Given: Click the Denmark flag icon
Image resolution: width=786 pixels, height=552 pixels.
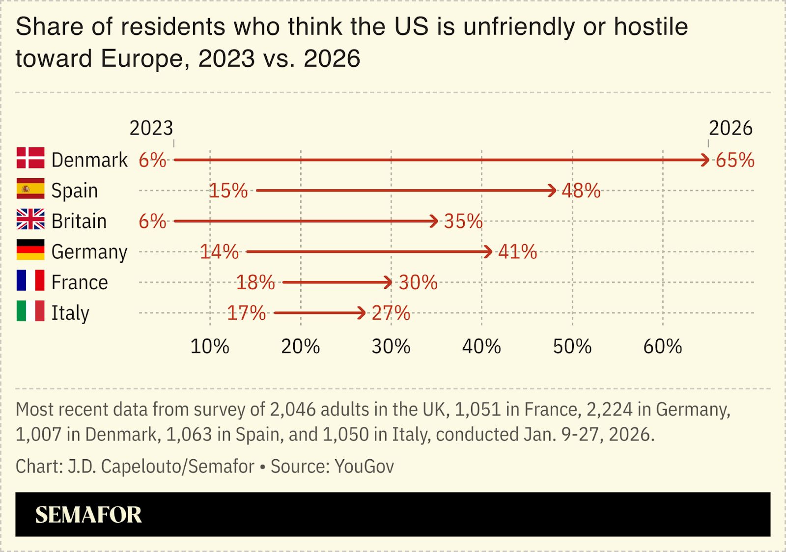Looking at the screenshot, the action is point(30,158).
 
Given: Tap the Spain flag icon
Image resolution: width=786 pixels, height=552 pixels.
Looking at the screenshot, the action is point(30,189).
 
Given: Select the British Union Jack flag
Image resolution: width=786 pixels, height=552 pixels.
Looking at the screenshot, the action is point(30,219).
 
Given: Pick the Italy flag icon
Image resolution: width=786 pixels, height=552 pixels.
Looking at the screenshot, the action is point(30,311).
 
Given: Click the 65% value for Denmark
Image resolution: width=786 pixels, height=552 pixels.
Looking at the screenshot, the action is point(735,160).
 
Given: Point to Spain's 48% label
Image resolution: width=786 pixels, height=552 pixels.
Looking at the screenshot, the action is point(581,191).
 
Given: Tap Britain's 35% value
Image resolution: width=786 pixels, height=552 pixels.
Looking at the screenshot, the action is point(463,221).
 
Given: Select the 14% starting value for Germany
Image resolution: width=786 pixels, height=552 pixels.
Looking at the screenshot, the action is point(219,252).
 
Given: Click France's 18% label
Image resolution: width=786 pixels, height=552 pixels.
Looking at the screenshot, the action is point(255,282).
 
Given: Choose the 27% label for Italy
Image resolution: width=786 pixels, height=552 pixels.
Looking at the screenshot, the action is point(391,313).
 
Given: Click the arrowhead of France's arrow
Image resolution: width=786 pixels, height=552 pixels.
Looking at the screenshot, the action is point(389,282).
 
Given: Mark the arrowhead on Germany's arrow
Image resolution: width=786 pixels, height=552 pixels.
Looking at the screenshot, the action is point(488,252).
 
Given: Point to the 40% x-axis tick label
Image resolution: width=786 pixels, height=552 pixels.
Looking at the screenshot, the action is point(481,347).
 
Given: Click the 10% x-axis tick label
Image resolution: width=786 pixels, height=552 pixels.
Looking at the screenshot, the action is point(210,347).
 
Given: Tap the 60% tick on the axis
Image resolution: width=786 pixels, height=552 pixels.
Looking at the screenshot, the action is point(662,347).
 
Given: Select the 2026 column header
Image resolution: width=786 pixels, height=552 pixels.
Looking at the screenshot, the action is point(730,129).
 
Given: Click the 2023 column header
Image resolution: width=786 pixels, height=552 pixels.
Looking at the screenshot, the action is point(151,129).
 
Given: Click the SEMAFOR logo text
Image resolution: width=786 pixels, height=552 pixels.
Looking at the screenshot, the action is point(88,515).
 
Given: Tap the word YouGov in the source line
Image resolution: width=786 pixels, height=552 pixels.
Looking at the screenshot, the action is point(364,467).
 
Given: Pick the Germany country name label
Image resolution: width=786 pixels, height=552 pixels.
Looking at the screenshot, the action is point(89,252).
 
